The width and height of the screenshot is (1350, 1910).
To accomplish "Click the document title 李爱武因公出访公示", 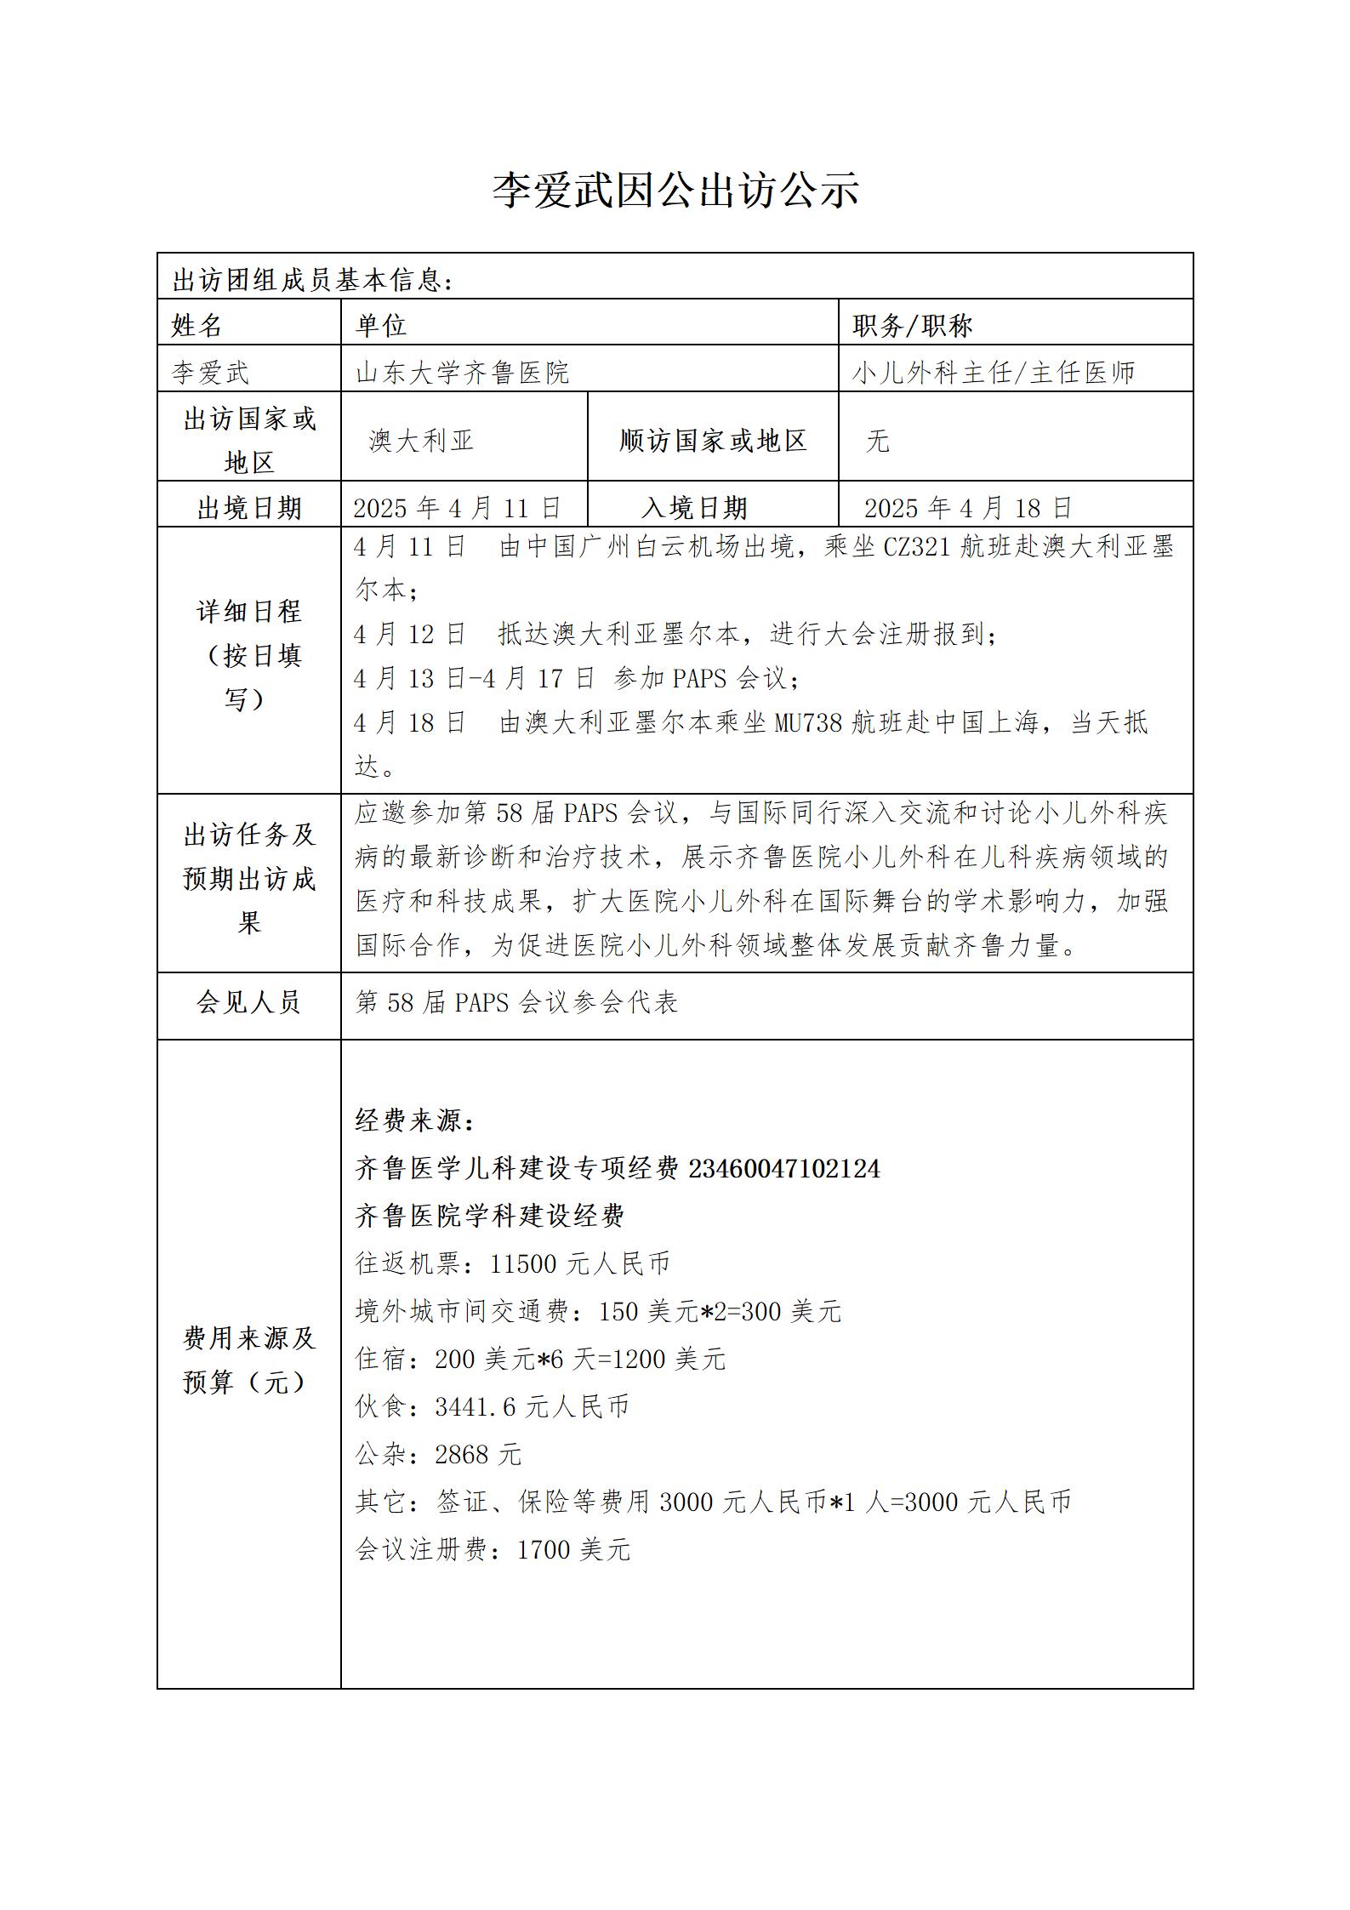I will coord(675,189).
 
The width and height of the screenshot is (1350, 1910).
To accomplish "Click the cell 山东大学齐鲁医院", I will coord(462,372).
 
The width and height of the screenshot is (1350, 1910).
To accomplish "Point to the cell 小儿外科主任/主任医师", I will coord(994,372).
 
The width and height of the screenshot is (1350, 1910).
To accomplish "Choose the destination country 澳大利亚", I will coord(421,440).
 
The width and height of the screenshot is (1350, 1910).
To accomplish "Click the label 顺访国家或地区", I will coord(713,440).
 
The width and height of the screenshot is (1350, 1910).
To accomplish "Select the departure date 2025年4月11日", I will coord(458,508).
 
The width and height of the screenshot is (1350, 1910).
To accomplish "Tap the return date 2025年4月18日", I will coord(968,508).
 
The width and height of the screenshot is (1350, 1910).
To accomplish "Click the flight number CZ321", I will coord(916,546).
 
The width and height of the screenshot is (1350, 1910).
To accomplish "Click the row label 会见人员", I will coord(248,1002).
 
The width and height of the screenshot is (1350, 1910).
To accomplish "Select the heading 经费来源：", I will coord(415,1120).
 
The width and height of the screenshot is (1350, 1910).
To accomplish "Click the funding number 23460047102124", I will coord(783,1168).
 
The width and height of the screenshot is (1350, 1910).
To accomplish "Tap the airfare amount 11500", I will coord(522,1263).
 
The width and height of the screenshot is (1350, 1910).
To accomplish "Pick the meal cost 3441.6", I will coord(475,1406).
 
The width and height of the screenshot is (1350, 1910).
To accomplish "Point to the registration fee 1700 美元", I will coord(573,1549).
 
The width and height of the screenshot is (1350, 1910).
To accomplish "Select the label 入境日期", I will coord(694,508).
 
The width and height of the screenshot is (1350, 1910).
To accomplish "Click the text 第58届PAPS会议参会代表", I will coord(516,1002).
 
